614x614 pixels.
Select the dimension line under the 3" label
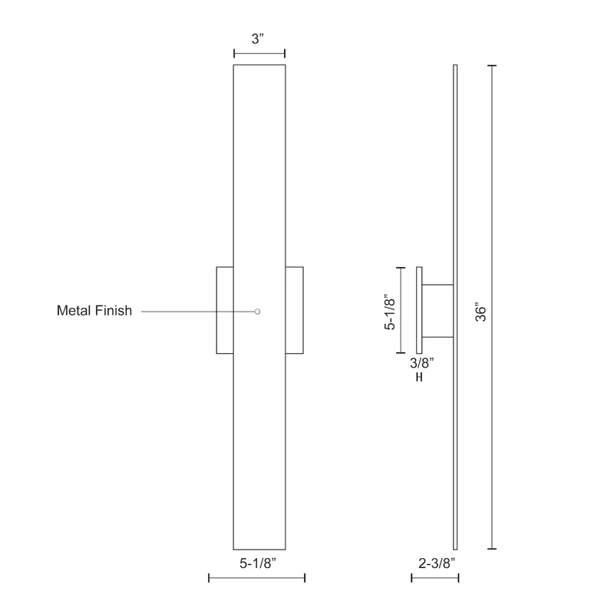click(x=259, y=54)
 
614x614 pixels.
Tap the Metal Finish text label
click(x=94, y=311)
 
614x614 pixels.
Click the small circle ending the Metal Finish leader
click(x=258, y=312)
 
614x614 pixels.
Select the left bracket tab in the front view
click(x=225, y=310)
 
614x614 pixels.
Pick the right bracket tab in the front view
click(x=294, y=310)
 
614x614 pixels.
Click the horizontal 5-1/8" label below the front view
click(x=257, y=563)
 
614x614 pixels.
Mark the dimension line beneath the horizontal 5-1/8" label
click(x=257, y=578)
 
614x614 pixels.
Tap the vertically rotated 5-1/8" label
click(x=391, y=309)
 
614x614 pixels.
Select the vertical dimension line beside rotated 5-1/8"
click(x=400, y=310)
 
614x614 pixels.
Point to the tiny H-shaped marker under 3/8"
click(x=419, y=378)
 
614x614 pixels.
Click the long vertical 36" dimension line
click(x=492, y=307)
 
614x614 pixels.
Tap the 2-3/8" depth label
click(x=435, y=563)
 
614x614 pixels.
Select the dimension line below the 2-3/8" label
click(x=435, y=578)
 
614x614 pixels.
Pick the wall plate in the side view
click(x=419, y=310)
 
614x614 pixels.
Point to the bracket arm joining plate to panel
click(x=437, y=311)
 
